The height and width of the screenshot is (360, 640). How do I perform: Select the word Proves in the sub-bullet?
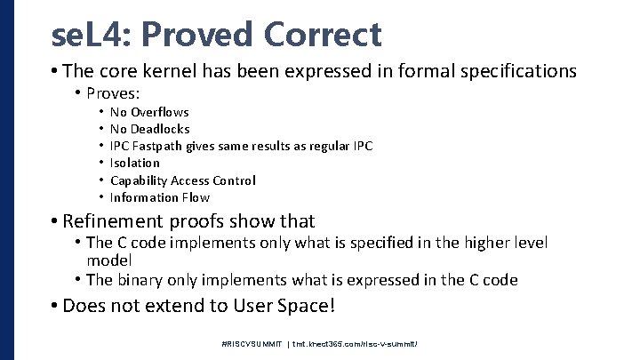tap(114, 92)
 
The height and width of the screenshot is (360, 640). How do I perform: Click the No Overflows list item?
tap(148, 112)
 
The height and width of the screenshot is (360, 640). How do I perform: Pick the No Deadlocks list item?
tap(149, 129)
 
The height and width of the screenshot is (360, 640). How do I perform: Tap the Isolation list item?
tap(135, 163)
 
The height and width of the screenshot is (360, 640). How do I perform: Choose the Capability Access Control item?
tap(182, 180)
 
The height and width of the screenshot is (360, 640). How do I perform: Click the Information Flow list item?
tap(159, 197)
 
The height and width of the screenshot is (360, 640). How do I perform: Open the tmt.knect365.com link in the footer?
tap(356, 343)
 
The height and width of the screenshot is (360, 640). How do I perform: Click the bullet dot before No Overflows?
tap(102, 112)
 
